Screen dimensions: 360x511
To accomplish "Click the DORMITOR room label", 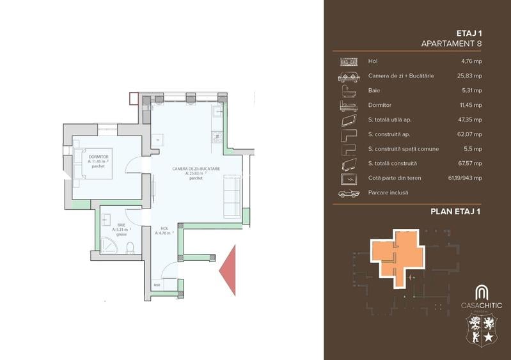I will (x=98, y=156).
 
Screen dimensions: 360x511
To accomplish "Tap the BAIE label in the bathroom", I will (x=121, y=224).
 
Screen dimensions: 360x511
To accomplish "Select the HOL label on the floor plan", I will (x=164, y=228).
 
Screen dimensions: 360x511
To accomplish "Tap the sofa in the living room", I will (x=232, y=196).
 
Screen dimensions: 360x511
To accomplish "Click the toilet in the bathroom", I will (x=130, y=246).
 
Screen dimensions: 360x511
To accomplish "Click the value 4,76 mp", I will (x=471, y=61).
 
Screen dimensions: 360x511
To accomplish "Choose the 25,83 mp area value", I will (x=470, y=75).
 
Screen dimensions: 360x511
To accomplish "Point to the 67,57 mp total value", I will (x=470, y=163).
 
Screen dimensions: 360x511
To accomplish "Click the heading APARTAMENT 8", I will (x=452, y=43).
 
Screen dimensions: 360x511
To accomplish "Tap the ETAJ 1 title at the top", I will (x=469, y=31).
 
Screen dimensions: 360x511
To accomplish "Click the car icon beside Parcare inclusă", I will (x=349, y=192).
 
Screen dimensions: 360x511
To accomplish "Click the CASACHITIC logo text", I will (x=482, y=305).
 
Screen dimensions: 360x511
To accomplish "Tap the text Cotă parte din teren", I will (x=395, y=178).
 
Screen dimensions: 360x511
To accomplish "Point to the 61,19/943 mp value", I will (x=465, y=178).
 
